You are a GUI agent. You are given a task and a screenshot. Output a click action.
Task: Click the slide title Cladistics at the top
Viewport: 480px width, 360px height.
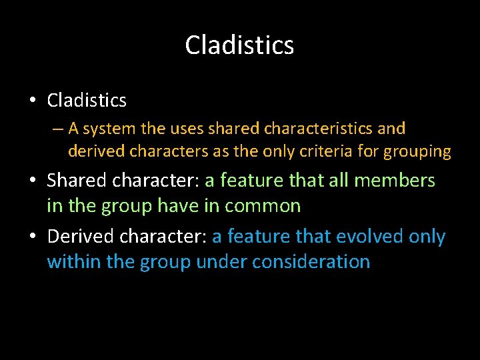239,45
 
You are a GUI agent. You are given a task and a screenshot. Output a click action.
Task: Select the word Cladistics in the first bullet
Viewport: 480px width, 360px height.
87,101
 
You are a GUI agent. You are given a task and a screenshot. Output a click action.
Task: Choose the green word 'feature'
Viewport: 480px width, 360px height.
255,181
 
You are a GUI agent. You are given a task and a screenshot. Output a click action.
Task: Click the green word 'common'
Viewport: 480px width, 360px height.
263,206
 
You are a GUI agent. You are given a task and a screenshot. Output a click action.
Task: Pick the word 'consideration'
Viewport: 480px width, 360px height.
311,261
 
